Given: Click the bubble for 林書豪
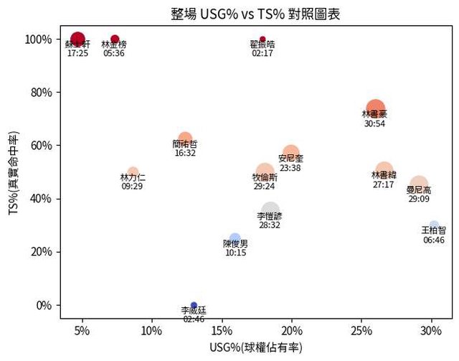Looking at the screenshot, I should pyautogui.click(x=375, y=108).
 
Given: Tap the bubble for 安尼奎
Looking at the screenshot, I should pyautogui.click(x=290, y=154).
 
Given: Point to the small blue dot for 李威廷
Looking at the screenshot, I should pyautogui.click(x=194, y=305).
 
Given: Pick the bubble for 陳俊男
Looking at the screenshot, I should pyautogui.click(x=235, y=239).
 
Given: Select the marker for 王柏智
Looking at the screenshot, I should pyautogui.click(x=433, y=225).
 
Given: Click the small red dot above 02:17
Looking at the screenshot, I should pyautogui.click(x=262, y=39).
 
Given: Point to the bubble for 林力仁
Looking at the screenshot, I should pyautogui.click(x=133, y=172).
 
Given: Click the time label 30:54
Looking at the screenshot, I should pyautogui.click(x=374, y=123).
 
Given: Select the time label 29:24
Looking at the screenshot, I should pyautogui.click(x=265, y=186).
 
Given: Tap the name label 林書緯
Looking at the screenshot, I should pyautogui.click(x=384, y=175).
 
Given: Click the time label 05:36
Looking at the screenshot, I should pyautogui.click(x=114, y=53).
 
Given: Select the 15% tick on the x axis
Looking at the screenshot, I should pyautogui.click(x=222, y=331).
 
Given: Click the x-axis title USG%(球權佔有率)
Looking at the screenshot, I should pyautogui.click(x=256, y=348).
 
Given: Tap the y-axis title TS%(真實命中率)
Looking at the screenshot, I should pyautogui.click(x=14, y=172).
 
